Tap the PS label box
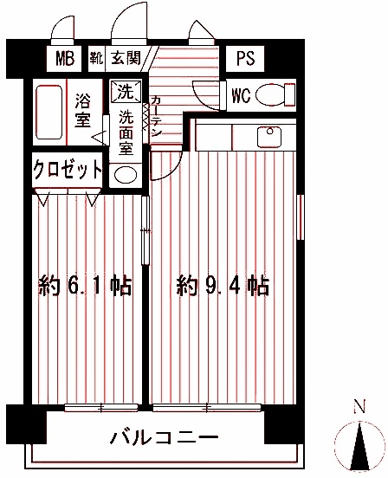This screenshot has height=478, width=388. point(245,59)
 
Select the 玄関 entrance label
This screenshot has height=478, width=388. point(126,59)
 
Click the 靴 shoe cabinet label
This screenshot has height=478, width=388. point(95,59)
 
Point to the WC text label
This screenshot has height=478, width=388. point(242,96)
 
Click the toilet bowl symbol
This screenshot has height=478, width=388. point(275,94)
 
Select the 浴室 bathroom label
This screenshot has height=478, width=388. point(84,109)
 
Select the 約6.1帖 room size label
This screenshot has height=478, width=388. point(86,285)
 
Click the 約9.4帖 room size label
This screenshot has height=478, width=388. point(224,285)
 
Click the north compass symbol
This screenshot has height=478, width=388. point(358,443)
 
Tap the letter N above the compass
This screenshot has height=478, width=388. point(358,406)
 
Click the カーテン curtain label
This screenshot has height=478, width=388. point(155,117)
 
